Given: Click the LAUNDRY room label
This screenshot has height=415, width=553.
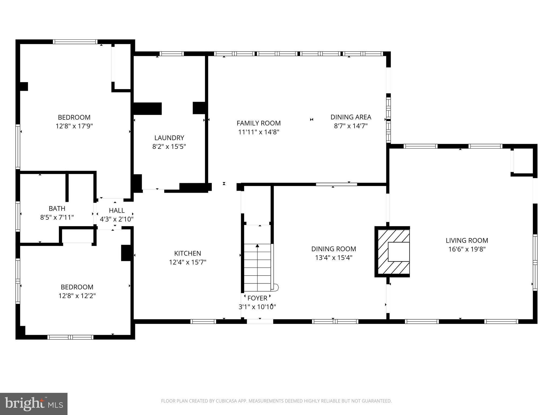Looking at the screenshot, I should coord(169,138).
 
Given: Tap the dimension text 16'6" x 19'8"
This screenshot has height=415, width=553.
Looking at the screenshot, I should coord(467,249).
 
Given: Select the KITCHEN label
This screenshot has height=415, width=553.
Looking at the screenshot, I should coord(187,253).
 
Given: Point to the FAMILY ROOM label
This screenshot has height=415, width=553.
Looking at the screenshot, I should coord(258,123).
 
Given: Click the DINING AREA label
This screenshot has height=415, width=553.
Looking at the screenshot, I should coord(351,117).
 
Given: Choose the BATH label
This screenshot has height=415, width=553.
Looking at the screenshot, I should coord(57,208).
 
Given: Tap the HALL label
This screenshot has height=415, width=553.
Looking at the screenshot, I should coord(117,210).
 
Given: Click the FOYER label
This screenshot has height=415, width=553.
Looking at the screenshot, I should coord(257,298).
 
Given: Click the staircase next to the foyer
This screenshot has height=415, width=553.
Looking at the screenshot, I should coord(257,267).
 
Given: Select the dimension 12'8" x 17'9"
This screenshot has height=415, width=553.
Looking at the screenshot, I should coord(74,126).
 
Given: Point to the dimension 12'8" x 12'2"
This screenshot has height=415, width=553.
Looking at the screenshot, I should coord(77,296).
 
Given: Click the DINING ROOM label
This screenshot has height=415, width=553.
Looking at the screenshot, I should coord(333,249).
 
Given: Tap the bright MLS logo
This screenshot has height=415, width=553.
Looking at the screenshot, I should coord(33,404).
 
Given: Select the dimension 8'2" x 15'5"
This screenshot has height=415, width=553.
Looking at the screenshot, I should coord(169,147).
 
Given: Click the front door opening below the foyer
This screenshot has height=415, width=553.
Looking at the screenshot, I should coord(260,322).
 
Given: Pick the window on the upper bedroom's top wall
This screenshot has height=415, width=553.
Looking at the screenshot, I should coord(75,42).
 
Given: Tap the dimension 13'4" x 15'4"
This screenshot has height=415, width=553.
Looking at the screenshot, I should coord(333,258).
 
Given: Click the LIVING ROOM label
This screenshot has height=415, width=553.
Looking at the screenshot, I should coord(467,240).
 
